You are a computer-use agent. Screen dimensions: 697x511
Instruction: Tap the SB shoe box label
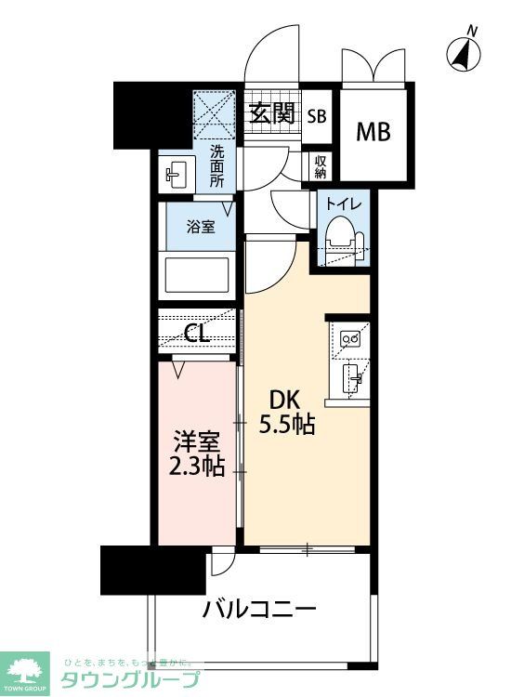tap(316, 116)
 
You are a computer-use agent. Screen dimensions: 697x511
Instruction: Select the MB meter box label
tap(374, 130)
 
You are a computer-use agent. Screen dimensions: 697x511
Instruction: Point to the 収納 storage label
tap(321, 165)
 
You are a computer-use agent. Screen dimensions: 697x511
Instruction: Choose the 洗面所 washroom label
tap(216, 166)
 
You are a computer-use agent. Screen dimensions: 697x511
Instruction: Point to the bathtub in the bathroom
tap(196, 275)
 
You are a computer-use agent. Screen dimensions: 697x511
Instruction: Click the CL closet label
tap(196, 334)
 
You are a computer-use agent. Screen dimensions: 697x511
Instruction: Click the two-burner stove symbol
tap(352, 340)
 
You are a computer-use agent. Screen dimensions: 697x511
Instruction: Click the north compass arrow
tap(462, 55)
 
